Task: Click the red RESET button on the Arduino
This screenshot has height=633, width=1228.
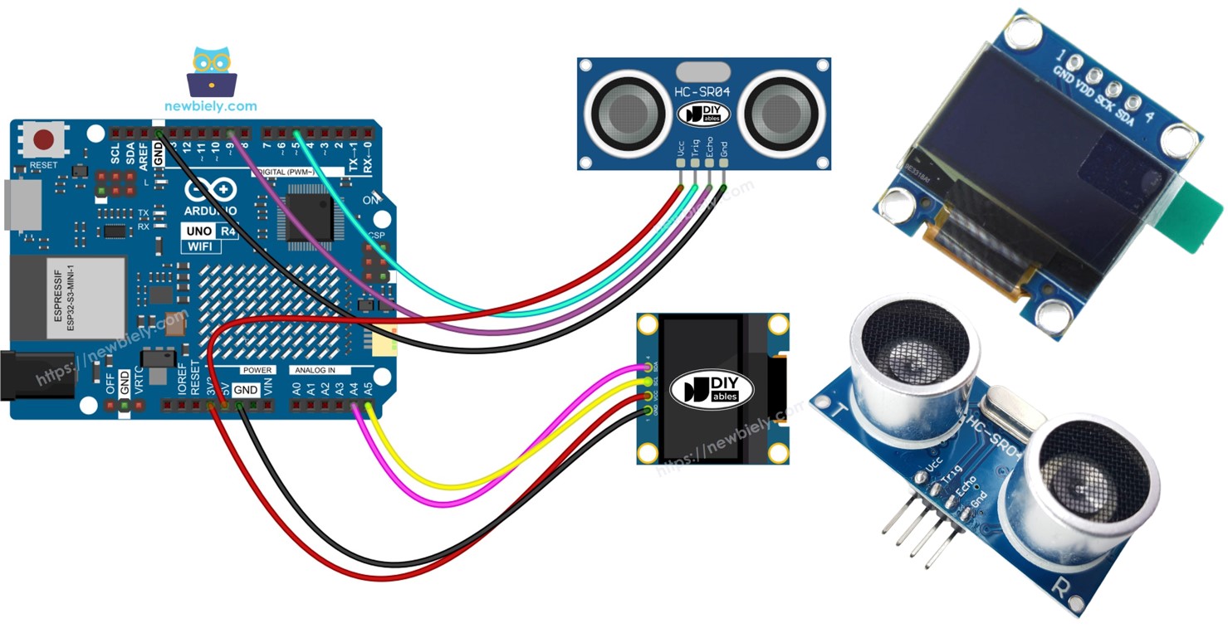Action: tap(46, 139)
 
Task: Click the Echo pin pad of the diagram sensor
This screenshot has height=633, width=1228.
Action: tap(709, 163)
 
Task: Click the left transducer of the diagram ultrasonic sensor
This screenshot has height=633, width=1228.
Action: tap(622, 108)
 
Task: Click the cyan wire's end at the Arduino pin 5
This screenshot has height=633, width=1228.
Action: tap(296, 133)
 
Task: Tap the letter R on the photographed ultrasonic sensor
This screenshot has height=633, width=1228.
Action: tap(1060, 587)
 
